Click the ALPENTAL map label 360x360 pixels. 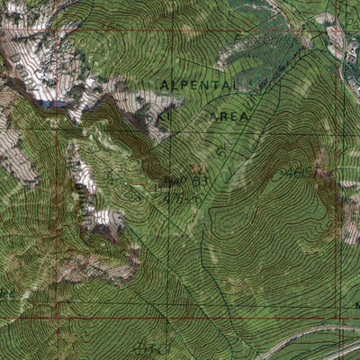[199, 84]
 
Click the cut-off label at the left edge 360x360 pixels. [7, 292]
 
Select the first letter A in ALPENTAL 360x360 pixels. [164, 84]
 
